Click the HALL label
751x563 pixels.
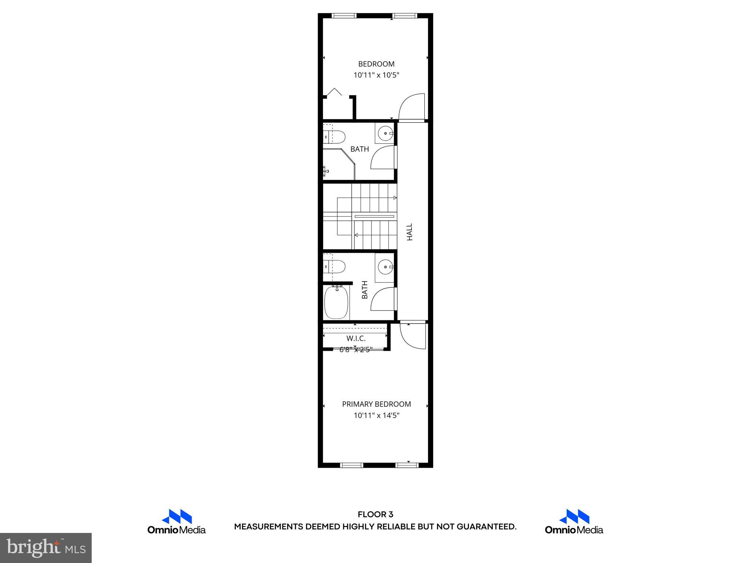pyautogui.click(x=410, y=232)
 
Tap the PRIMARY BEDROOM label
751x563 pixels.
pyautogui.click(x=376, y=404)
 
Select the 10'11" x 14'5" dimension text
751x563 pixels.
pyautogui.click(x=376, y=415)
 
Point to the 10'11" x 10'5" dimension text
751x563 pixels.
pyautogui.click(x=376, y=75)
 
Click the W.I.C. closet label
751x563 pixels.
pyautogui.click(x=356, y=338)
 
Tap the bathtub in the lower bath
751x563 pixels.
pyautogui.click(x=336, y=302)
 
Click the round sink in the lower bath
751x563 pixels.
pyautogui.click(x=385, y=266)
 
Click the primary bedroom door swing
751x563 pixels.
pyautogui.click(x=413, y=335)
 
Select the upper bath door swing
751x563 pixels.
pyautogui.click(x=384, y=158)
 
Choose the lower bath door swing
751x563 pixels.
pyautogui.click(x=384, y=299)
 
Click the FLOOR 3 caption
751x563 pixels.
pyautogui.click(x=375, y=515)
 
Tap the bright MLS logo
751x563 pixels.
pyautogui.click(x=46, y=548)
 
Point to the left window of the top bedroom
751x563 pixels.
pyautogui.click(x=344, y=16)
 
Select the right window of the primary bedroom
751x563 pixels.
pyautogui.click(x=407, y=465)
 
